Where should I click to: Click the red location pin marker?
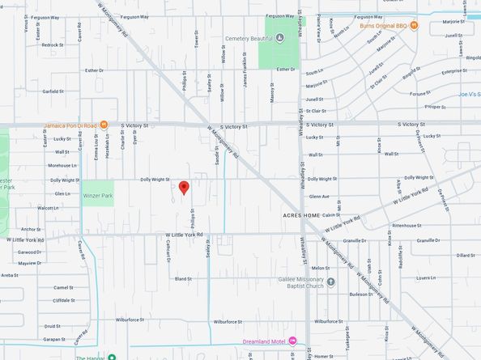click(x=184, y=188)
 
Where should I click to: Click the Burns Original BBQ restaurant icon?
click(x=413, y=26)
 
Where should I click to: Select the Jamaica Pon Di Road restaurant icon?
click(x=104, y=126)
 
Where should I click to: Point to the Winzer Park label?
click(x=97, y=196)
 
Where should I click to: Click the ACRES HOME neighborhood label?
click(x=302, y=216)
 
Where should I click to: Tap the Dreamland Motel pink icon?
click(x=292, y=341)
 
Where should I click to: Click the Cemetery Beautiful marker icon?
click(x=279, y=37)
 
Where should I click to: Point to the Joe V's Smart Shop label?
click(x=469, y=95)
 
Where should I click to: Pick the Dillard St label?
click(x=465, y=256)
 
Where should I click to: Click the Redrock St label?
click(x=52, y=45)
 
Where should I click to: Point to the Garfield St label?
click(x=53, y=91)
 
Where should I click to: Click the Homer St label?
click(x=325, y=356)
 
